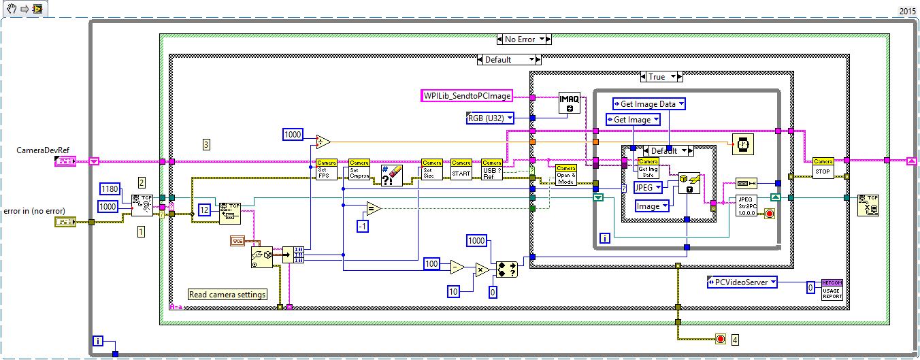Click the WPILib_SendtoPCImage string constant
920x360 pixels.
click(x=467, y=96)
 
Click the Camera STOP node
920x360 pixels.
click(x=823, y=168)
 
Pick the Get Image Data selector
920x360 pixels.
click(x=648, y=103)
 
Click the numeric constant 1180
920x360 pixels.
click(x=110, y=188)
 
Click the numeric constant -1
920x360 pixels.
click(x=363, y=226)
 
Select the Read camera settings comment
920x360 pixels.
click(x=227, y=295)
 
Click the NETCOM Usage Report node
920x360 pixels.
click(x=832, y=289)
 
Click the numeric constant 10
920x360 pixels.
click(x=454, y=291)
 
